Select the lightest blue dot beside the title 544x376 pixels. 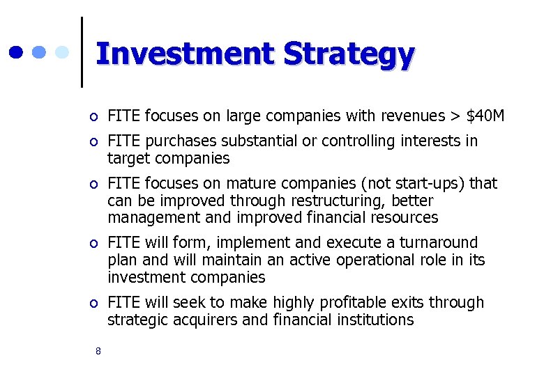62,52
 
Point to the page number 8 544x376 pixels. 98,352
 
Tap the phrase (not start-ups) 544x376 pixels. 414,184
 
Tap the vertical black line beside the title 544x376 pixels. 82,52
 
